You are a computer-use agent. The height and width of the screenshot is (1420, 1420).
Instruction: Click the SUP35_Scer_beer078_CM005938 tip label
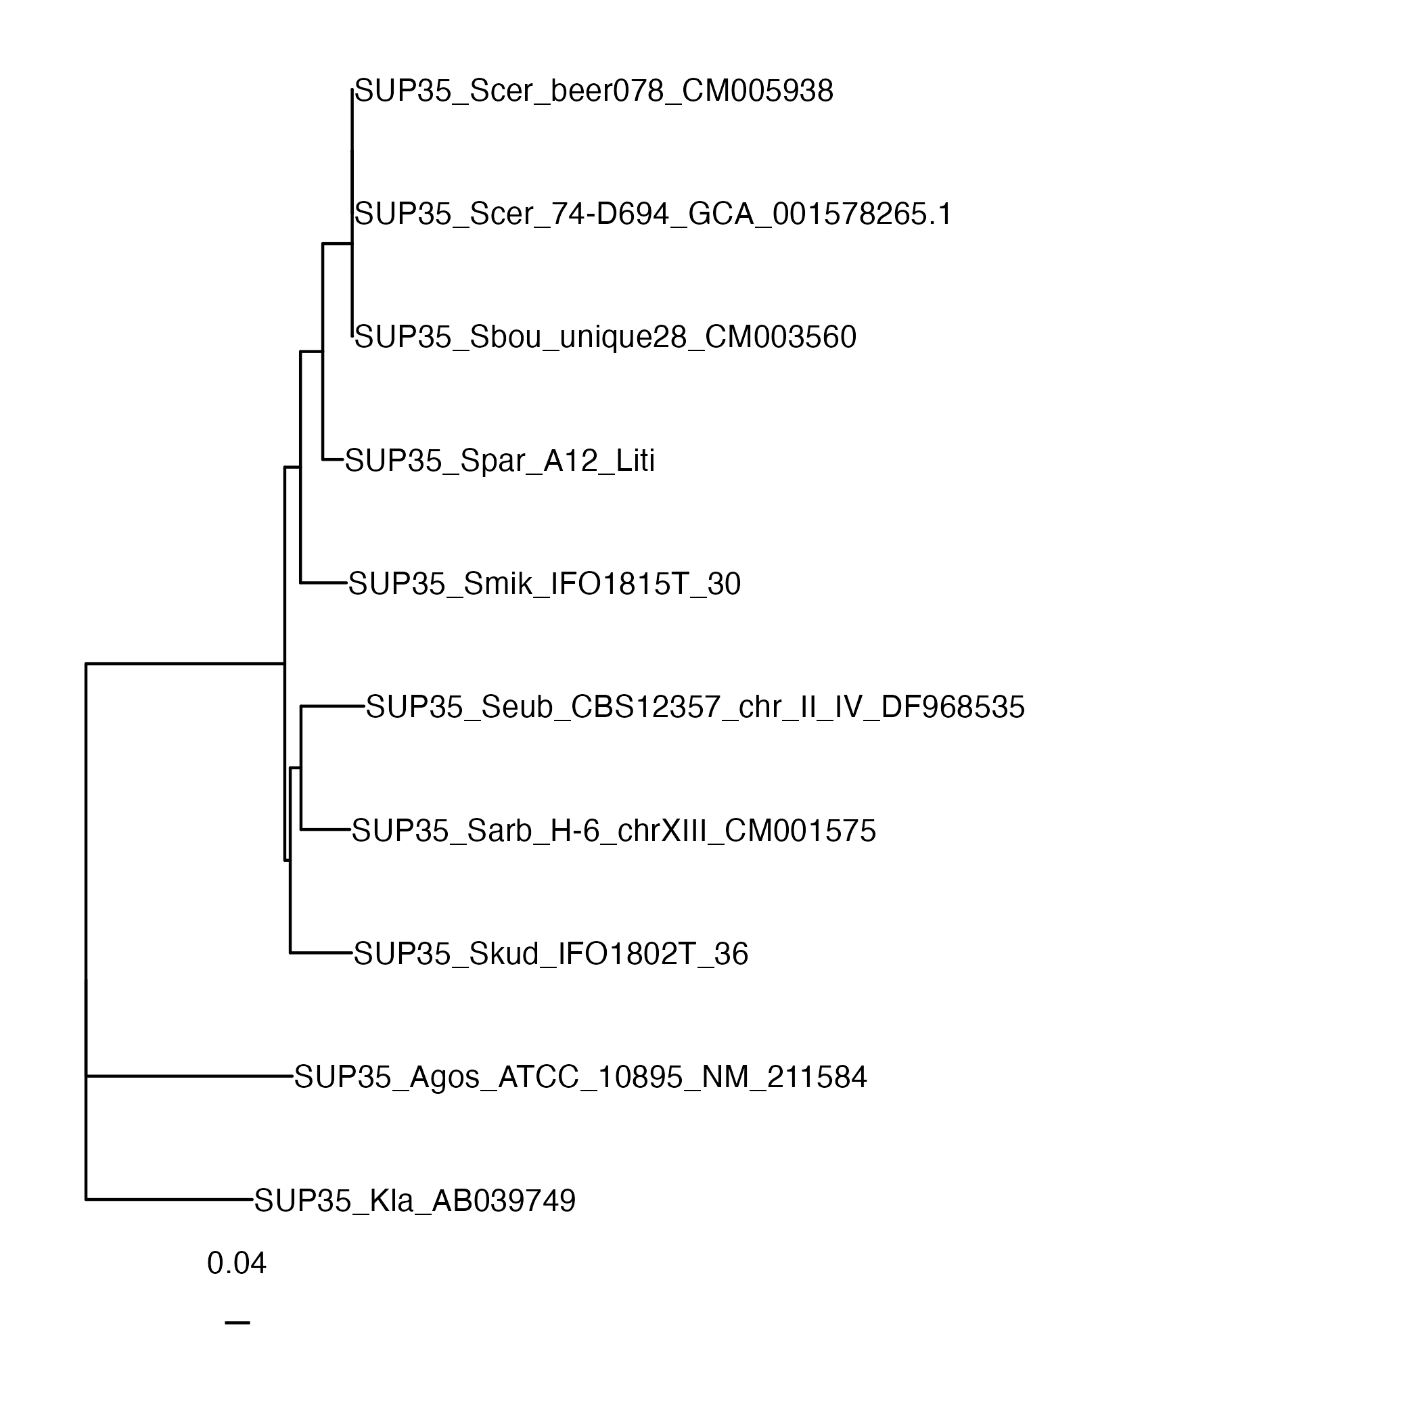click(x=594, y=91)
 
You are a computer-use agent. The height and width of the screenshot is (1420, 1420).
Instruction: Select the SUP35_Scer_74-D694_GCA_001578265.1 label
click(x=654, y=214)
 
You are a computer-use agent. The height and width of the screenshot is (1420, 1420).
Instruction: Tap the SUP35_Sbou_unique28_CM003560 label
click(x=605, y=338)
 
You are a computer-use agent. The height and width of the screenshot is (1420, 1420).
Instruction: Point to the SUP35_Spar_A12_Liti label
click(x=500, y=461)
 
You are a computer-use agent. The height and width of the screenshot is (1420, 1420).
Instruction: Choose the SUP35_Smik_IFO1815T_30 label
click(x=545, y=585)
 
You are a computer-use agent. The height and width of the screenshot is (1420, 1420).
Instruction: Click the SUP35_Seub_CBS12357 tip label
click(x=695, y=707)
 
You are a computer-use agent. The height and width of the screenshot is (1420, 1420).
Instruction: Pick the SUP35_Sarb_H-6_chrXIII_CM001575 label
click(x=614, y=831)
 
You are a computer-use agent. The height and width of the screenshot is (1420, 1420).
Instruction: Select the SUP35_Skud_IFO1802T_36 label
click(x=551, y=954)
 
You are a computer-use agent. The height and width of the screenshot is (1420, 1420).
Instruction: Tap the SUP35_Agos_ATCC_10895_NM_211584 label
click(x=580, y=1078)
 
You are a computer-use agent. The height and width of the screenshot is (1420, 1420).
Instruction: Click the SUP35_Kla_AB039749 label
click(x=415, y=1201)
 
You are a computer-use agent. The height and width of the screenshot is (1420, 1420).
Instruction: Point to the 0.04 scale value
click(x=237, y=1264)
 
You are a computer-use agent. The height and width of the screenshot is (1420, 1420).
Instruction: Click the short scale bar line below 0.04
click(x=237, y=1323)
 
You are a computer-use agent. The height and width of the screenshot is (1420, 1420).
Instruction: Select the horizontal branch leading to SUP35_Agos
click(x=189, y=1076)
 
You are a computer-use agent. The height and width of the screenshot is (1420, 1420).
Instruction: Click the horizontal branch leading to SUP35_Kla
click(x=170, y=1199)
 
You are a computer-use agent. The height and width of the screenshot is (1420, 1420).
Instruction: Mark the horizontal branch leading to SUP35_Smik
click(x=323, y=583)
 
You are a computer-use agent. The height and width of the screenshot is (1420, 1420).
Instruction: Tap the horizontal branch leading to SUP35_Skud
click(x=321, y=953)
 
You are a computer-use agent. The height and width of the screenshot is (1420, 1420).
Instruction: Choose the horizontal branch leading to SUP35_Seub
click(x=333, y=706)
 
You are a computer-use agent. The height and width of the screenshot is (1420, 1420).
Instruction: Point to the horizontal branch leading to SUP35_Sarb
click(x=325, y=830)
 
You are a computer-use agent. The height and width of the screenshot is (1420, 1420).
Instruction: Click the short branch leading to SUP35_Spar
click(x=333, y=460)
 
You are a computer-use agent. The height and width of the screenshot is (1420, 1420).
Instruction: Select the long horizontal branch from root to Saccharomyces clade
click(x=185, y=664)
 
